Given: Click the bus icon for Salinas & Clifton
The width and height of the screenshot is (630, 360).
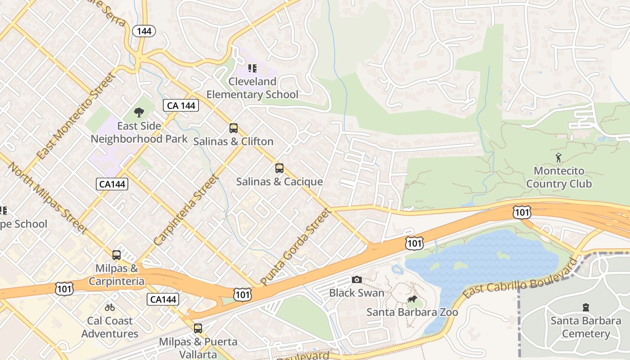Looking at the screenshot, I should tap(233, 128).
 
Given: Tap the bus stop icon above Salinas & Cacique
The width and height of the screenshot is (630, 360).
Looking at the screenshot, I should tap(279, 168).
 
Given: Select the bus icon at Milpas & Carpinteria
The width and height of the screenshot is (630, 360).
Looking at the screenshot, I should tap(117, 255).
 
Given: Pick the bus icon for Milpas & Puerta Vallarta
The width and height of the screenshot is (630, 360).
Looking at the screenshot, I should tap(198, 328).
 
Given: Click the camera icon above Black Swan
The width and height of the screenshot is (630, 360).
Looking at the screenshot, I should tap(357, 280).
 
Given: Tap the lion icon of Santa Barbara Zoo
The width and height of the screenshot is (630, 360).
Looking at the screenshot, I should tap(412, 299).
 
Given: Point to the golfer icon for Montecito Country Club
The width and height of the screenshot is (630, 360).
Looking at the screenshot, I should tap(559, 158).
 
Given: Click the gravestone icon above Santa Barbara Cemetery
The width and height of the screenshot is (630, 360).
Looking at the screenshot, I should tap(585, 308).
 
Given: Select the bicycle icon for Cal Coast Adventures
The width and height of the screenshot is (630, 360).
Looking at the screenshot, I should tap(110, 308).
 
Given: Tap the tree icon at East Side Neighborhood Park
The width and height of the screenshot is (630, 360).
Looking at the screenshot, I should tap(139, 112).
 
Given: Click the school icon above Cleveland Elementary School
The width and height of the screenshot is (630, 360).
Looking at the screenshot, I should tap(252, 68).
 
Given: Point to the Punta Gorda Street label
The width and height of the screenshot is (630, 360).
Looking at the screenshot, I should tap(296, 246).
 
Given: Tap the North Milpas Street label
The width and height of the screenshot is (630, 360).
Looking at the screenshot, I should tap(47, 198).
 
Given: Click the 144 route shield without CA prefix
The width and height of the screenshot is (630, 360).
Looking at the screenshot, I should tap(144, 31).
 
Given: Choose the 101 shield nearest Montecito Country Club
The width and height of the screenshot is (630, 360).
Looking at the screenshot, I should tap(522, 212).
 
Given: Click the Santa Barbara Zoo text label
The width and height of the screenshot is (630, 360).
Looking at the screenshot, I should tap(412, 312).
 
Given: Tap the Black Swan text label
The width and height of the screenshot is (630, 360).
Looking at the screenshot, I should tap(357, 293).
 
